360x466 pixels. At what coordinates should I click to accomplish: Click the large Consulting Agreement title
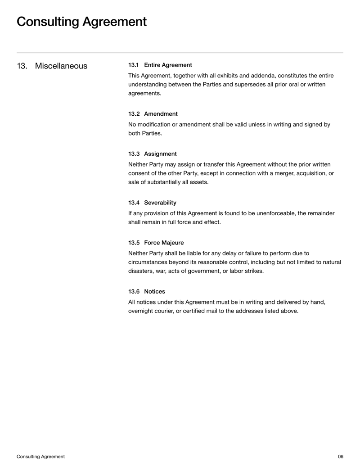click(x=81, y=22)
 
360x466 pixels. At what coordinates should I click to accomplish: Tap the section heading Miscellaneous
click(x=61, y=66)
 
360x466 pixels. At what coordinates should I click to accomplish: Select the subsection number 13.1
click(x=134, y=65)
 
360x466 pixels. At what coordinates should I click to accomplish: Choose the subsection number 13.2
click(x=134, y=114)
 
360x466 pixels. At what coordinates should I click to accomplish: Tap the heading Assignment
click(x=160, y=154)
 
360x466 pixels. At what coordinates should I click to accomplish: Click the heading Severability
click(x=160, y=203)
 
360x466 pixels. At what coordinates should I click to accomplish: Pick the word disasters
click(x=143, y=271)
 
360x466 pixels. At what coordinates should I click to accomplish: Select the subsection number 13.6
click(x=134, y=291)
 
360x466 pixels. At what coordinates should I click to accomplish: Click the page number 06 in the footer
click(x=340, y=457)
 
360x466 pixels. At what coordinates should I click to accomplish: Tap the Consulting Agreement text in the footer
click(x=40, y=457)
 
